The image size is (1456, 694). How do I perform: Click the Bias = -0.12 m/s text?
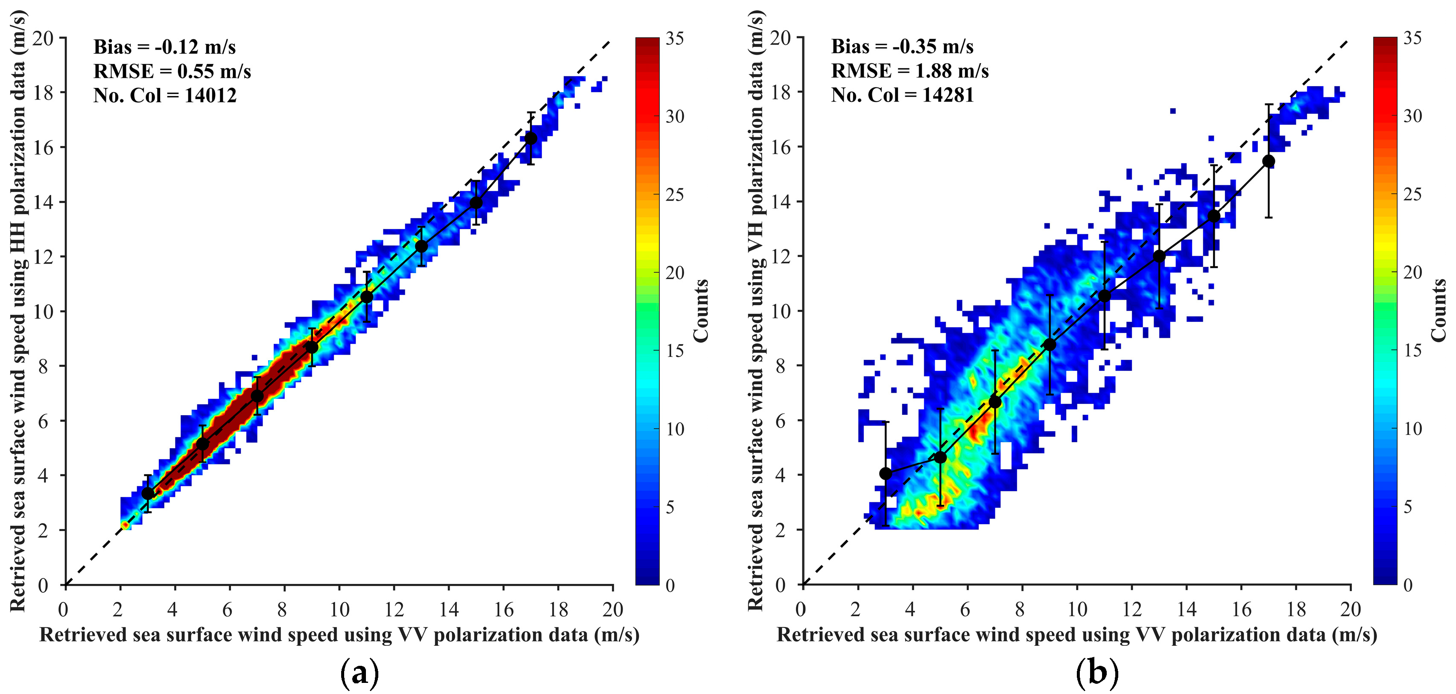point(164,47)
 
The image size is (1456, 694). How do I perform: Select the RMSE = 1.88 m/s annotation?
point(909,71)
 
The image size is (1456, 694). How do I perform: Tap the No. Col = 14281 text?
point(902,95)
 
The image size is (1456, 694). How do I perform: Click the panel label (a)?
point(360,673)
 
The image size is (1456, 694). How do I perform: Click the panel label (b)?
point(1097,673)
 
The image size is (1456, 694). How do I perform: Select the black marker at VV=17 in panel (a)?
point(531,138)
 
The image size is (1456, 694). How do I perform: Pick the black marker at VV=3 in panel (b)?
point(886,474)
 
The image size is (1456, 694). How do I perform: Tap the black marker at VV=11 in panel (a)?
point(367,297)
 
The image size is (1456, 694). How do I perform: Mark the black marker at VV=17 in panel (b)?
point(1269,162)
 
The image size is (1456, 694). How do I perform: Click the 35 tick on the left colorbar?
point(674,38)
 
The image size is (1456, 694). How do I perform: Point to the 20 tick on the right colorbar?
point(1412,272)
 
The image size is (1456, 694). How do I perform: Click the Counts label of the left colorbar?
point(701,311)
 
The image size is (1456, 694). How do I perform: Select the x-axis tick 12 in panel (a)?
point(394,609)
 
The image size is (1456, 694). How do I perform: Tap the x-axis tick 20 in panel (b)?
point(1350,609)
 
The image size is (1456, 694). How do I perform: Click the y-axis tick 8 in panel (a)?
point(43,366)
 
